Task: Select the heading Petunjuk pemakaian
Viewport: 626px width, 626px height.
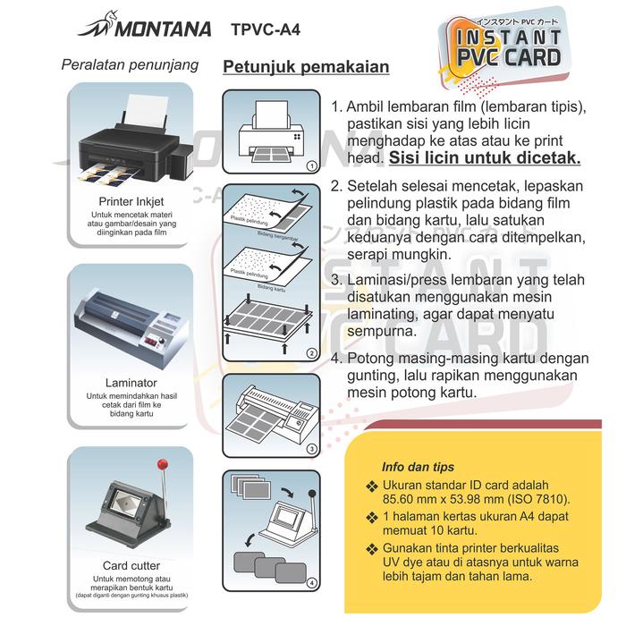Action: tap(306, 68)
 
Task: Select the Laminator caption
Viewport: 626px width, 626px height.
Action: tap(131, 383)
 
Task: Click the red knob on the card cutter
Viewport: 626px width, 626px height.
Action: tap(163, 465)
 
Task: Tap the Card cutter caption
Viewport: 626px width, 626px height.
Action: tap(131, 565)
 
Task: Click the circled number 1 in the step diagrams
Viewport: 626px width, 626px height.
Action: tap(310, 166)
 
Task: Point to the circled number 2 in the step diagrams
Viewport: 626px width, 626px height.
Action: tap(310, 353)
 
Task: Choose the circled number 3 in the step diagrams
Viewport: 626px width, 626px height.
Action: tap(310, 448)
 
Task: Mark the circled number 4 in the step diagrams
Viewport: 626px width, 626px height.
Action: tap(310, 584)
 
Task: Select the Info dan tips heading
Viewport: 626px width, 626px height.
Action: tap(418, 467)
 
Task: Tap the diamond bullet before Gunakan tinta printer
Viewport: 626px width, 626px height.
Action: tap(372, 547)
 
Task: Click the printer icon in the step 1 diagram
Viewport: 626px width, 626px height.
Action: tap(272, 134)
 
